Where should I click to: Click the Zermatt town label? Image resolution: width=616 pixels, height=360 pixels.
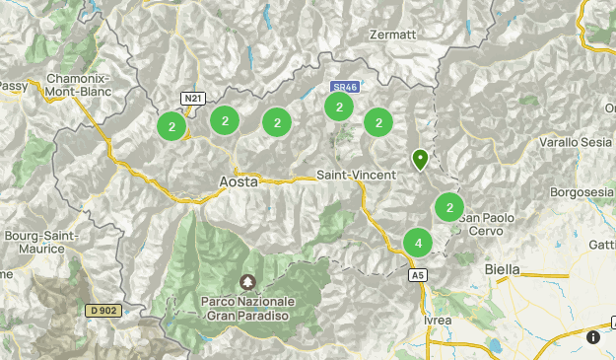[393, 35]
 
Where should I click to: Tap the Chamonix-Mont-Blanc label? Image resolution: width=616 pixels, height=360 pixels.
[76, 85]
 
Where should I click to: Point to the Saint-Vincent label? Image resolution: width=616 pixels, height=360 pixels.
[356, 175]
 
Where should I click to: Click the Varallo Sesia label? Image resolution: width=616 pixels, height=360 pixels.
[576, 143]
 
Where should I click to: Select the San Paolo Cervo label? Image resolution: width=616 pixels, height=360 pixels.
[485, 224]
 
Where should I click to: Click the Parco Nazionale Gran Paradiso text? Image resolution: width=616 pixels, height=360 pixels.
[246, 307]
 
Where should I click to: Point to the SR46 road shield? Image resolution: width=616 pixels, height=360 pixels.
[344, 87]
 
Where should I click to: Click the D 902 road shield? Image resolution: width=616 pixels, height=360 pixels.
[103, 311]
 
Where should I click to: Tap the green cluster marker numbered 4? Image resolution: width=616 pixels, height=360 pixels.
[419, 242]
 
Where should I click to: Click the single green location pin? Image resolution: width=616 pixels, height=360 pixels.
[420, 158]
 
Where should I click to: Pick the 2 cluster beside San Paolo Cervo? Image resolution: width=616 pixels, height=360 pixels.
[449, 207]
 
